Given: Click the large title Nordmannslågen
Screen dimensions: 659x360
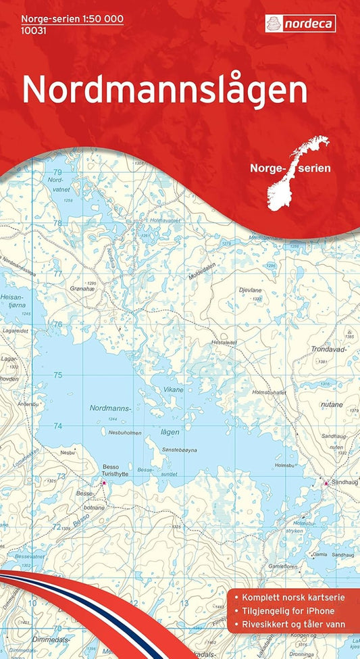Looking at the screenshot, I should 165,90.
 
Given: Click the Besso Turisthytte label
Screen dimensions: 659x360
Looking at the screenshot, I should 115,470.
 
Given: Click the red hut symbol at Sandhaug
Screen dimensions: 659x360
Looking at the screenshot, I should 326,483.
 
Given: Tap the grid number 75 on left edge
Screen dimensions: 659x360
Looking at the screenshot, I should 58,374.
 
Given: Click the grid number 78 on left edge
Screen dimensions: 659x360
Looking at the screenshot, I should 58,222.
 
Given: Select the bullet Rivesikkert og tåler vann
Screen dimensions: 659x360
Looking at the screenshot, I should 296,623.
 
